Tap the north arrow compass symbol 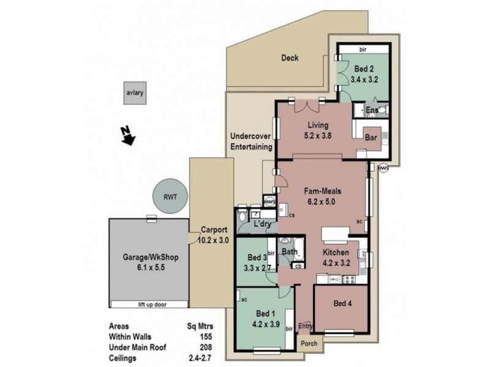tap(127, 135)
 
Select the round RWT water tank tap(170, 196)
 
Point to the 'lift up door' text tap(146, 304)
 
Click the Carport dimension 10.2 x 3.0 tap(214, 240)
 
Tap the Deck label tap(289, 59)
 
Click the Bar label tap(370, 138)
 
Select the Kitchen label tap(336, 253)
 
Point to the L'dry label tap(263, 224)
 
